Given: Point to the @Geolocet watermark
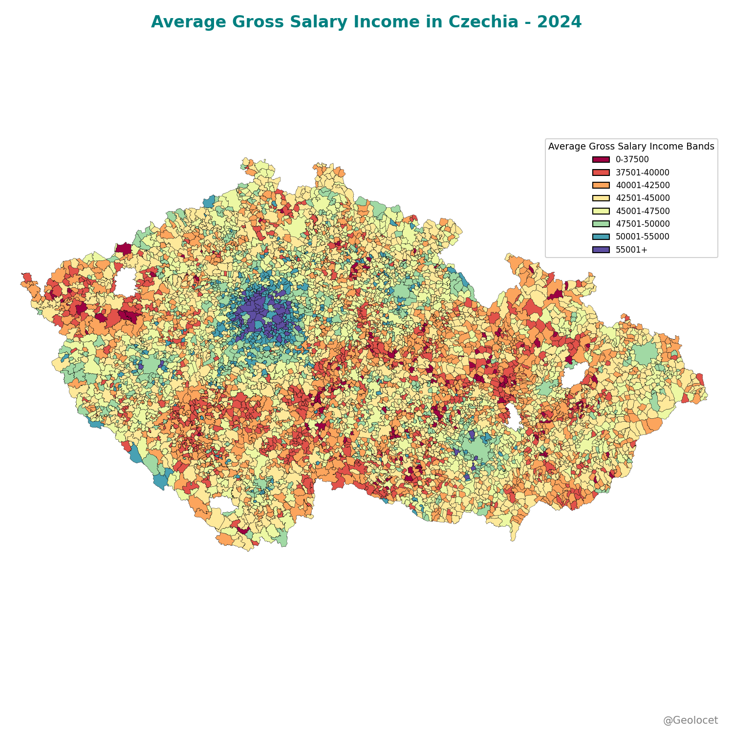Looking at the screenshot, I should click(x=690, y=720).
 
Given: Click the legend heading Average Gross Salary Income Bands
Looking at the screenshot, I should click(x=631, y=147).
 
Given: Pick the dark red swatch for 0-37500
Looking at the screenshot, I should click(x=601, y=160).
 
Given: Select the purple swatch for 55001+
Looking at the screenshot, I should click(x=601, y=250).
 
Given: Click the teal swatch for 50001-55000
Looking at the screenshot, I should click(x=601, y=237).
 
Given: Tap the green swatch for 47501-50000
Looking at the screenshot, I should click(x=601, y=224).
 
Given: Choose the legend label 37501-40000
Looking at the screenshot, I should click(x=642, y=172).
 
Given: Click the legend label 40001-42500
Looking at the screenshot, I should click(x=642, y=185).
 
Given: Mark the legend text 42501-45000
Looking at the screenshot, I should click(x=642, y=198).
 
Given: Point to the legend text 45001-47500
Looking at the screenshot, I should click(x=642, y=211).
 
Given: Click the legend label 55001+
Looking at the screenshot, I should click(x=631, y=250).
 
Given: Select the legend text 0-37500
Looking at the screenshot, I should click(x=632, y=160).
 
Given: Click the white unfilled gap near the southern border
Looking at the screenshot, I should click(x=222, y=504).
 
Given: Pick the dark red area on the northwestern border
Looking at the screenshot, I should click(x=124, y=249).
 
